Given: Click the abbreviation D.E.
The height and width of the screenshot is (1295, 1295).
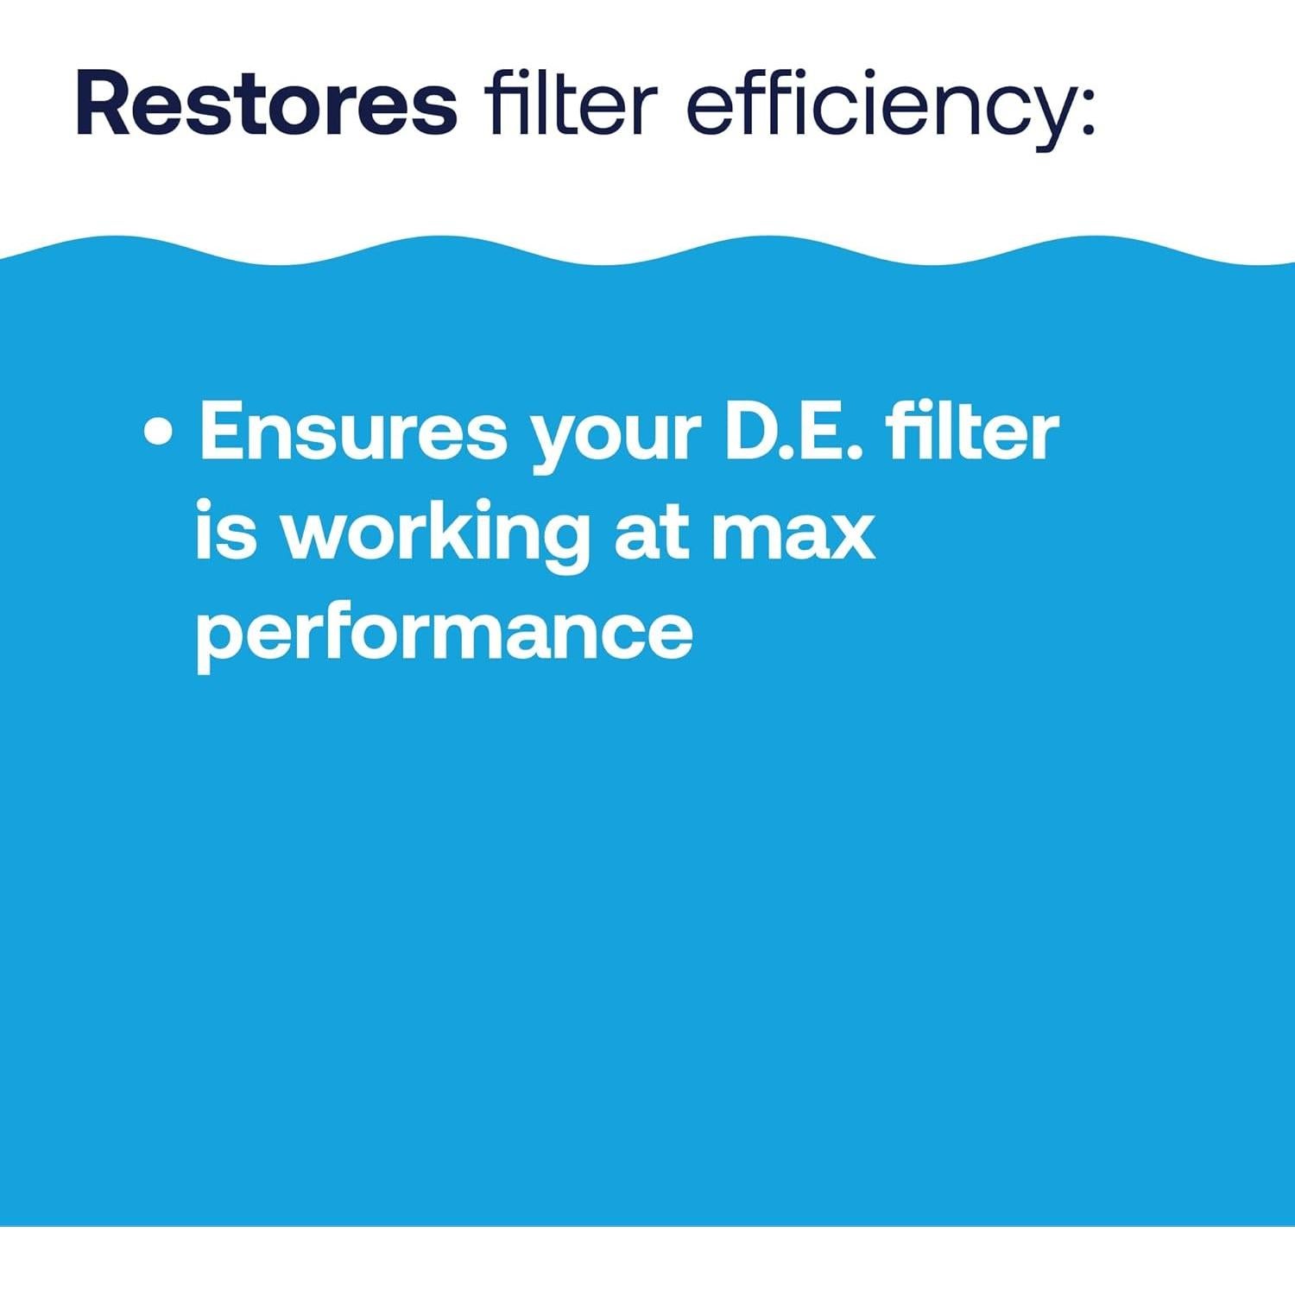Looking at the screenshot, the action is click(x=793, y=431).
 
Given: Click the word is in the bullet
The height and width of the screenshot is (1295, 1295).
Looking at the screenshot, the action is click(x=226, y=530).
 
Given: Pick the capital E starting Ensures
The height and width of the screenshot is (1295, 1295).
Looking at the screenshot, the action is click(x=223, y=431).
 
